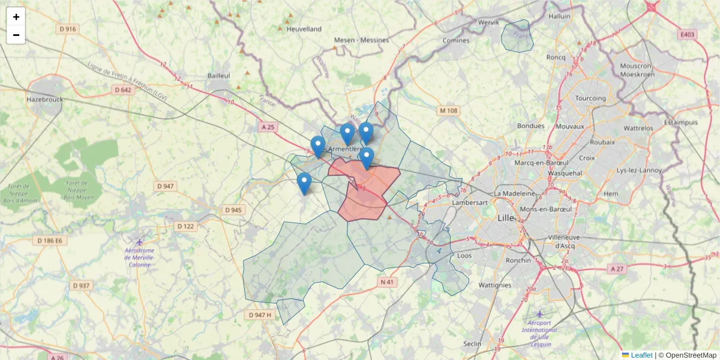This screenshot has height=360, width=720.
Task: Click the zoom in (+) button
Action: coord(16,17)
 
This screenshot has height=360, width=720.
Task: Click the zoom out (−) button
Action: coord(16,35)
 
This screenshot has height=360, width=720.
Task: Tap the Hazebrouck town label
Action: coord(44,100)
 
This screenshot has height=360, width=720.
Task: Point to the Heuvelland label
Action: coord(304,29)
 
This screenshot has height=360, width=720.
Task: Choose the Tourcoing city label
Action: coord(590,98)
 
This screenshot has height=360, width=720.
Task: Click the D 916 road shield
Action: coord(68,29)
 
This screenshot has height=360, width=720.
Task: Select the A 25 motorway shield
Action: coord(268,127)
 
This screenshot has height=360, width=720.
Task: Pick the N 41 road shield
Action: coord(388,281)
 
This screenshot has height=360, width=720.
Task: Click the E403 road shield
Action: coord(688,35)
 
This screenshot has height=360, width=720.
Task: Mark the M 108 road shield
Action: coord(448,110)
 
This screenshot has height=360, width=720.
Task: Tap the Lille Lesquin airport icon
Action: coord(539,314)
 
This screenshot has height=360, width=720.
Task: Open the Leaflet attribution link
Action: coord(641,355)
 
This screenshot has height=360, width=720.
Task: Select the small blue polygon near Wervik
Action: coord(517,36)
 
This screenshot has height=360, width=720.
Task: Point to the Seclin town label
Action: coord(472,344)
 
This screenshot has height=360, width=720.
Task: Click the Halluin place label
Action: coord(559,17)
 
